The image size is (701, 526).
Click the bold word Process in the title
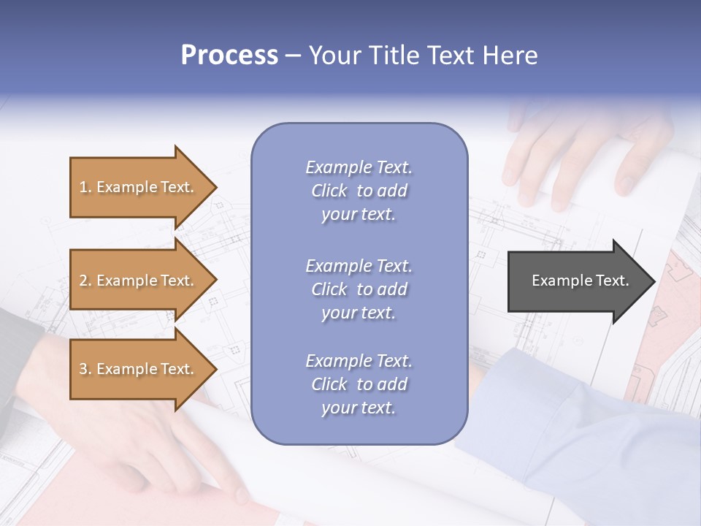(x=229, y=55)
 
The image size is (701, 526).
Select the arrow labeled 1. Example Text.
(x=139, y=187)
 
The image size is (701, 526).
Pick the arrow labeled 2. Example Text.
(x=139, y=281)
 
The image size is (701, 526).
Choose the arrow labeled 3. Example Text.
(x=139, y=369)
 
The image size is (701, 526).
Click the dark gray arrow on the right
(x=577, y=281)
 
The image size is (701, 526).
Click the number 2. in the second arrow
(x=85, y=281)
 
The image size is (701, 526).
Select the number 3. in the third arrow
(x=85, y=369)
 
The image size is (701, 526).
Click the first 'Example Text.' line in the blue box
(x=359, y=167)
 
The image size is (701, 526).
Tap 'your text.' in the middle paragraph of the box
(x=359, y=313)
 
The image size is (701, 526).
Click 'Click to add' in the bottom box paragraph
(x=359, y=384)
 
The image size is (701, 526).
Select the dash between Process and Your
(x=294, y=56)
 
